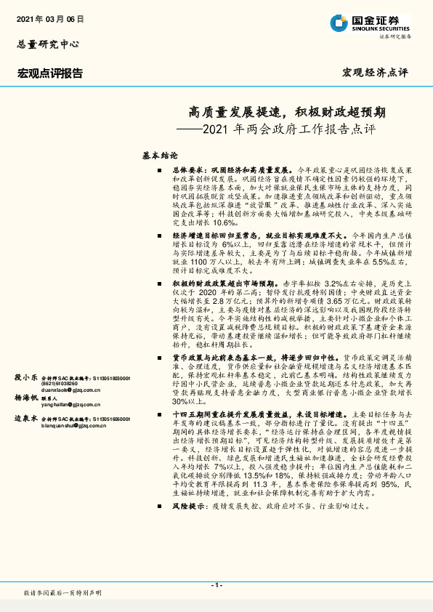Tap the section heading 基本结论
160,156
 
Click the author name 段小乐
27,378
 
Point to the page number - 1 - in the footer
216,585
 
